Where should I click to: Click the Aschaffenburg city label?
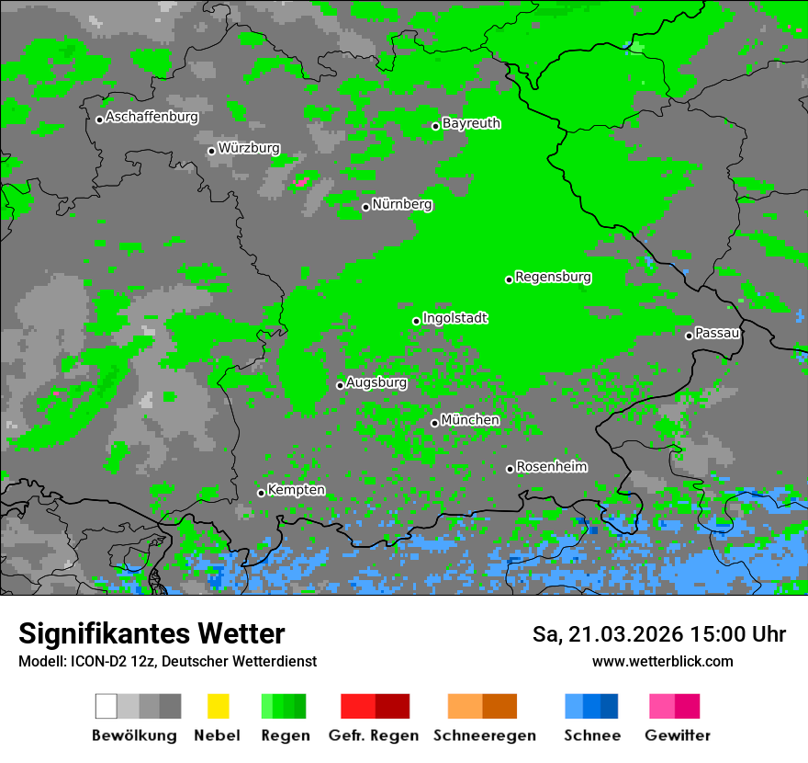pos(151,117)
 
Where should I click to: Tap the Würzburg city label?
pos(249,148)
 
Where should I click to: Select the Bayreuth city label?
pos(471,123)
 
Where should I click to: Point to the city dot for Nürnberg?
pos(365,207)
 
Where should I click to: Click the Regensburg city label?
pos(553,277)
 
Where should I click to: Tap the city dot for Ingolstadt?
pos(416,321)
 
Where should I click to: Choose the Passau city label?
pos(717,333)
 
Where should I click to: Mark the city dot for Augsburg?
pos(340,385)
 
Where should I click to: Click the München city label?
pos(470,420)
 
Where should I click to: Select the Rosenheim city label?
pos(551,466)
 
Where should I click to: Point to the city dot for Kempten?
pos(261,493)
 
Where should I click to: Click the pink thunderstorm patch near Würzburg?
pos(300,183)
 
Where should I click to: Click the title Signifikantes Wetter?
pos(151,633)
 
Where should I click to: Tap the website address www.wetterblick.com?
pos(662,661)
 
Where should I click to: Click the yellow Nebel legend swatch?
pos(218,706)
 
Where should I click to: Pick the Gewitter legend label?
pos(677,735)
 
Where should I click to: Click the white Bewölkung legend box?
pos(106,706)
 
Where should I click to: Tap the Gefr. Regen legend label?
pos(374,735)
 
